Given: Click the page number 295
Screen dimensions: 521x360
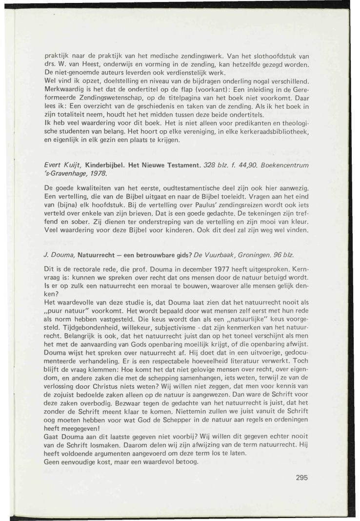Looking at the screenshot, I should [x=302, y=478].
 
